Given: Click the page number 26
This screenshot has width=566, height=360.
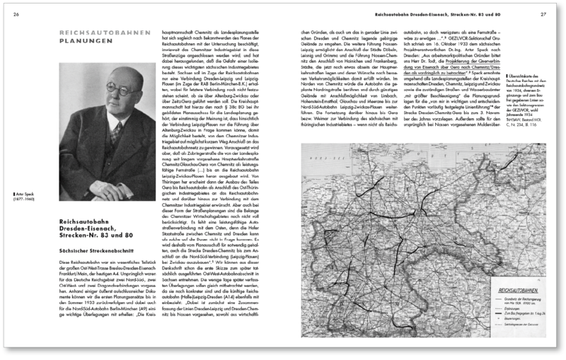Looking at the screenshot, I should tap(16, 13).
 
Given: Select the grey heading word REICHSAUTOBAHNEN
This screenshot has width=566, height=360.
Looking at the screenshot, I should tap(103, 32).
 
